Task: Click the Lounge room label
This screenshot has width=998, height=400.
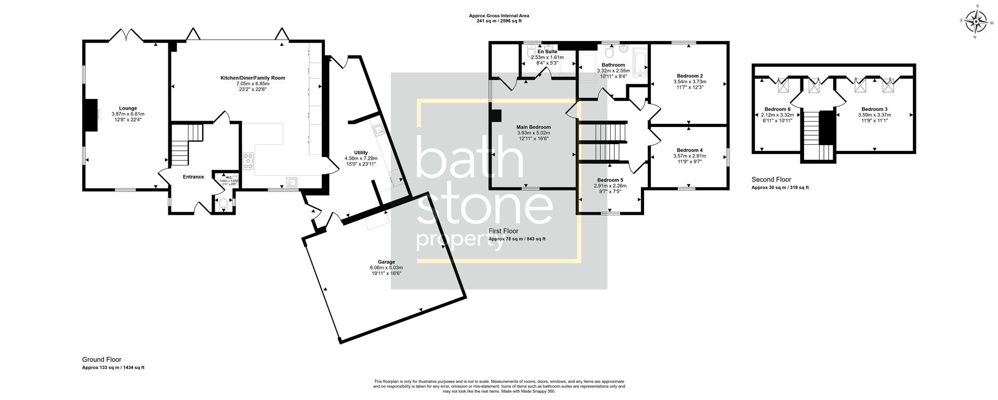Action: click(x=128, y=108)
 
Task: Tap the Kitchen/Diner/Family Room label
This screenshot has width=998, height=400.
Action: click(x=253, y=78)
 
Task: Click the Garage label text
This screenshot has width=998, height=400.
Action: click(x=386, y=262)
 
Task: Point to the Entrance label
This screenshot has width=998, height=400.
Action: click(x=193, y=177)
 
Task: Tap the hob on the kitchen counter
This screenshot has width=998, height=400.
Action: click(x=248, y=161)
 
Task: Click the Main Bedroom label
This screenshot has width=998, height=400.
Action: click(x=533, y=127)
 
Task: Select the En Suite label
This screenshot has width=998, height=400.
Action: click(x=547, y=52)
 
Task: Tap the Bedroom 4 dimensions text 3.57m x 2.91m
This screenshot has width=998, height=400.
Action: click(x=689, y=156)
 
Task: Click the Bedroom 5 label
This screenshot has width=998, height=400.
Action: click(x=610, y=180)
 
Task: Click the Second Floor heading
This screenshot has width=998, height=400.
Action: click(x=771, y=179)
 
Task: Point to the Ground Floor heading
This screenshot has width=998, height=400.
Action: click(x=101, y=359)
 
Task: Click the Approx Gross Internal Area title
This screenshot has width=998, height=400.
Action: click(x=498, y=16)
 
